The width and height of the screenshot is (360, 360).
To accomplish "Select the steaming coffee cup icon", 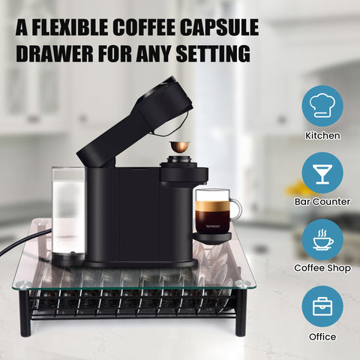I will [322, 238].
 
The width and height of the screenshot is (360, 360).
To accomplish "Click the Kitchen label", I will [322, 136].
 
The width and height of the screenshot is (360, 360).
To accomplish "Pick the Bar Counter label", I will [322, 202].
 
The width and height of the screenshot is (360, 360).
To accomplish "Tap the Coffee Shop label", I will [322, 267].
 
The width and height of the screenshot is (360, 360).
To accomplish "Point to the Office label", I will [322, 337].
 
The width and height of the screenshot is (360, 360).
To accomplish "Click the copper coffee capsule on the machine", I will [179, 145].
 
